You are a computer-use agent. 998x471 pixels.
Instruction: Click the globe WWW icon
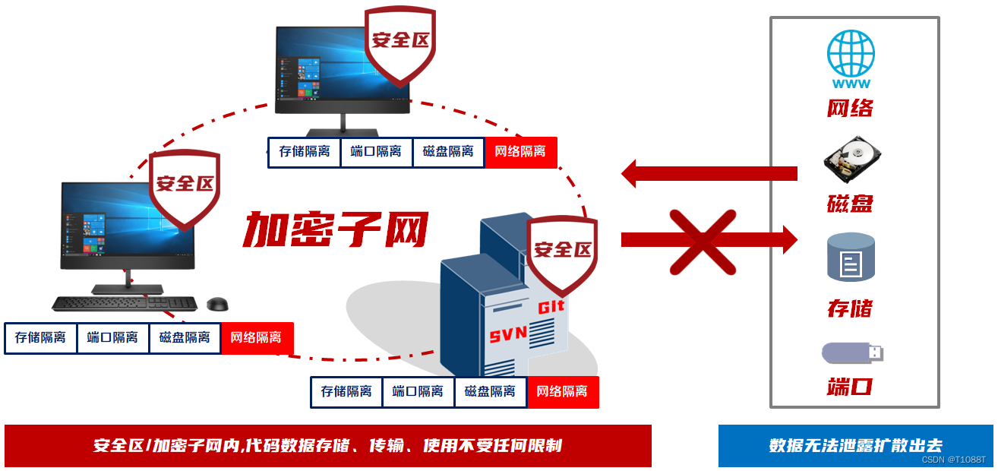tap(851, 57)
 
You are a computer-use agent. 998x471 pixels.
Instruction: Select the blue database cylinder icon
tap(851, 258)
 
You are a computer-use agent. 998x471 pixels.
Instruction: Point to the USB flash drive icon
tap(852, 352)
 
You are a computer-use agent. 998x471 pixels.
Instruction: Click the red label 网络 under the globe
tap(850, 109)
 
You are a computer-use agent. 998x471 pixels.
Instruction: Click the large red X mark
tap(703, 242)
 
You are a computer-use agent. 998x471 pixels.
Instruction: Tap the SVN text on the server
tap(508, 335)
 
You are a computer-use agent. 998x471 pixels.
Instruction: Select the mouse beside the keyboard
tap(218, 304)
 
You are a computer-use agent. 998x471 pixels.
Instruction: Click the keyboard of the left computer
tap(125, 304)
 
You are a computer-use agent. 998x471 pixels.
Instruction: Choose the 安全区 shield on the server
tap(562, 250)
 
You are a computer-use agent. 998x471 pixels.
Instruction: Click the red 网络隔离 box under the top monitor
tap(520, 152)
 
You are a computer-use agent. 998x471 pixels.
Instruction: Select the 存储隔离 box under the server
tap(346, 392)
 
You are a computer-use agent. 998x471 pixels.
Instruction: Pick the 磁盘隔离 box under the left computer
tap(185, 338)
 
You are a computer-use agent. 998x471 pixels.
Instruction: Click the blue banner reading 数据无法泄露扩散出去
tap(855, 446)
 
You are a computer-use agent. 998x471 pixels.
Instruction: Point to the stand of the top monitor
tap(343, 123)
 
